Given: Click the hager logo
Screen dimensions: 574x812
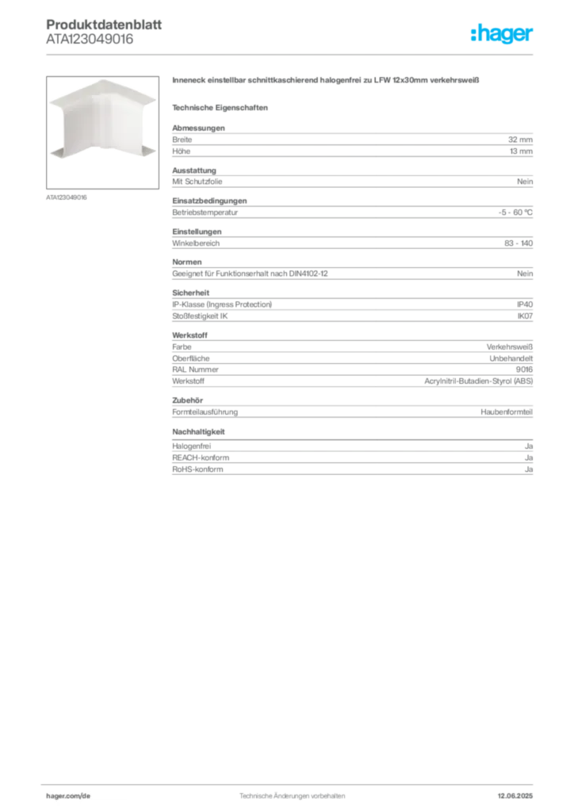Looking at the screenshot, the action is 502,33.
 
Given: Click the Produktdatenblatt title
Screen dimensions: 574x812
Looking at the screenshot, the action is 104,25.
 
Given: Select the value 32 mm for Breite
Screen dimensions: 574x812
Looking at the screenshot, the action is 520,140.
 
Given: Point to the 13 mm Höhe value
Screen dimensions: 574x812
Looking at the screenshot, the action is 521,151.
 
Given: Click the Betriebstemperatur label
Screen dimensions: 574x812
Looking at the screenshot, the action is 205,213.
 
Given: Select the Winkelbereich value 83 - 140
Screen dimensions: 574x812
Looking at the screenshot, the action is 519,243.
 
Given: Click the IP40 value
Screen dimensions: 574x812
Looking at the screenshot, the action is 525,304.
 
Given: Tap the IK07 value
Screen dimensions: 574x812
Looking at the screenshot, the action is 525,316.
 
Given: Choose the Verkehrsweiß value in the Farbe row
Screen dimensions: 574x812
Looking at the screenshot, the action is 509,347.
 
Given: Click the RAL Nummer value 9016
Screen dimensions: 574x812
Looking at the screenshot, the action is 524,370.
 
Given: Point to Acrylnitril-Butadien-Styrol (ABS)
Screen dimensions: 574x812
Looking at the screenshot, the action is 479,381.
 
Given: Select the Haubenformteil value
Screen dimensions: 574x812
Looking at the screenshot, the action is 507,412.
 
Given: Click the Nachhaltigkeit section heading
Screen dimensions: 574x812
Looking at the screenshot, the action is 198,431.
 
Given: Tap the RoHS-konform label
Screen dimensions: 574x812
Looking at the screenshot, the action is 197,469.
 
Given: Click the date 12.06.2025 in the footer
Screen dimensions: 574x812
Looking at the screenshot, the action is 515,796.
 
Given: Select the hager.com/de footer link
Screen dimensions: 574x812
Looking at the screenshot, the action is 68,796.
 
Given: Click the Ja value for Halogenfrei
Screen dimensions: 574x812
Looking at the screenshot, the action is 529,446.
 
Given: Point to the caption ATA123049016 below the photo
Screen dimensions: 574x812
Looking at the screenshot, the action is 67,197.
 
